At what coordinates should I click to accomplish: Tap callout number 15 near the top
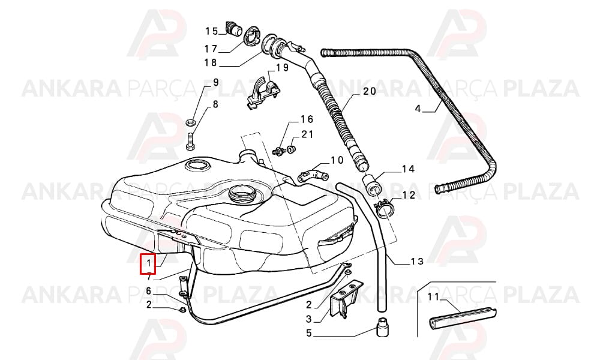[212, 31]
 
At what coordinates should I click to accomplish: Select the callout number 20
[370, 91]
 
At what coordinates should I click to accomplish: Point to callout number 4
[418, 109]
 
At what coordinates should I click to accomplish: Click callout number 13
[417, 261]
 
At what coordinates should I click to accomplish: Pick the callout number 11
[434, 296]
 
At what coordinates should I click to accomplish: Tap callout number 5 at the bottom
[309, 333]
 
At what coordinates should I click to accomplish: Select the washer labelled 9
[191, 122]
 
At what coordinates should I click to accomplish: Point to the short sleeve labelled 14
[371, 184]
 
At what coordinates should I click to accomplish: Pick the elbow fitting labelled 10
[313, 175]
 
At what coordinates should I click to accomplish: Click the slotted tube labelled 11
[463, 317]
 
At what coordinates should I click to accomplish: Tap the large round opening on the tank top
[241, 193]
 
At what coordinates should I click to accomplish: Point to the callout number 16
[307, 119]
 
